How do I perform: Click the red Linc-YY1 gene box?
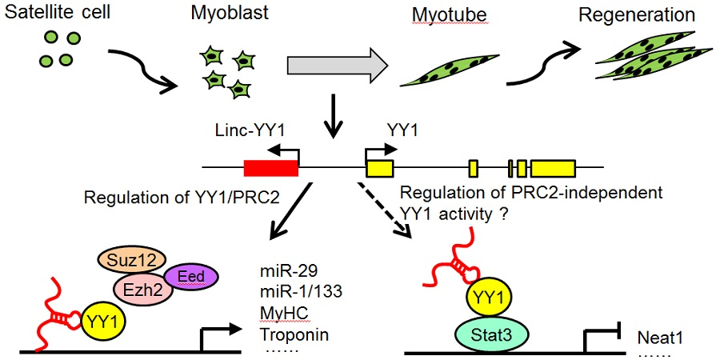click(270, 167)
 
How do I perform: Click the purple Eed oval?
click(191, 277)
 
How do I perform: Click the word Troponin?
click(291, 334)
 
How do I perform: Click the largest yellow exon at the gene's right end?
click(552, 168)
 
